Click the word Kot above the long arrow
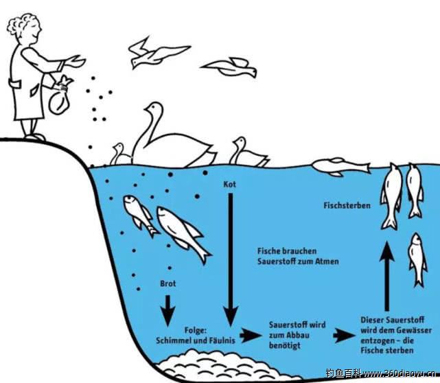click(229, 185)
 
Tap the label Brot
click(167, 283)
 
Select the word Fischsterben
click(347, 205)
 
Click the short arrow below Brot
click(167, 310)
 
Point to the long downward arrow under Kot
click(231, 259)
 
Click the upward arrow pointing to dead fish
click(387, 277)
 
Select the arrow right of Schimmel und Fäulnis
click(251, 335)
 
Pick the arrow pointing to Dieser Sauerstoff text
click(344, 335)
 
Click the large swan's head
click(154, 108)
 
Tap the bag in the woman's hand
click(60, 97)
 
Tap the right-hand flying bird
click(229, 67)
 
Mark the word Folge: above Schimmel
click(196, 330)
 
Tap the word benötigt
click(285, 346)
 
